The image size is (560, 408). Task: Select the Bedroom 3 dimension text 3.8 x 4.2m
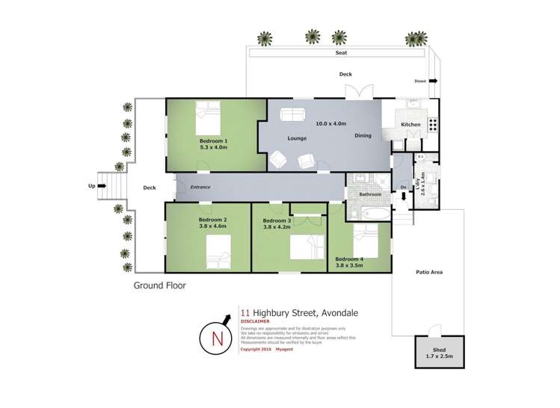pos(277,228)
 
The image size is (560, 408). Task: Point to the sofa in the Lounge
pos(291,114)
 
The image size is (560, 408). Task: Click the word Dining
pos(363,136)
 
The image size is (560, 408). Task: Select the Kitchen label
pos(410,124)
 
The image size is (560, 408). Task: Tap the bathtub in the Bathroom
pos(369,214)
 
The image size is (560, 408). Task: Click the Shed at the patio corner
pos(439,350)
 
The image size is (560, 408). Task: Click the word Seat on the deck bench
pos(342,53)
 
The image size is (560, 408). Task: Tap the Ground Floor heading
pos(159,285)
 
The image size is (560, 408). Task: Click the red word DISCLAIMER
pos(254,322)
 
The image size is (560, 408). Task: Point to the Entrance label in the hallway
pos(200,187)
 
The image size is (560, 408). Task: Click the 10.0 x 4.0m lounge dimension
pos(330,123)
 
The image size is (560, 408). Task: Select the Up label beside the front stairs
pos(92,187)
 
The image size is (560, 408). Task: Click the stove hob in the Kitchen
pos(432,125)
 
